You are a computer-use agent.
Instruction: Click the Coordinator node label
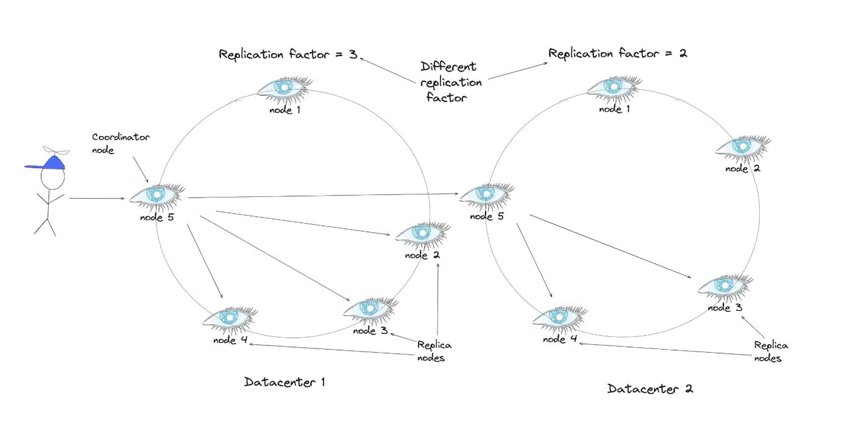click(x=120, y=143)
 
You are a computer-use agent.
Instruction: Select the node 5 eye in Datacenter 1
click(x=156, y=195)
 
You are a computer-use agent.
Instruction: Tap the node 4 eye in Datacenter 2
click(x=559, y=317)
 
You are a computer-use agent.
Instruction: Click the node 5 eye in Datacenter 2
click(x=486, y=194)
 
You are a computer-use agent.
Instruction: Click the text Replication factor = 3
click(x=288, y=55)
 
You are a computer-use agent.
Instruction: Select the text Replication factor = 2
click(x=618, y=54)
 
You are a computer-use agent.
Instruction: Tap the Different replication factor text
click(x=450, y=82)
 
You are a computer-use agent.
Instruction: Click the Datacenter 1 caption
click(x=284, y=382)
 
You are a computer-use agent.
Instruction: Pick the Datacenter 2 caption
click(x=650, y=389)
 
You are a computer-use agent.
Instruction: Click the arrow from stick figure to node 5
click(x=96, y=198)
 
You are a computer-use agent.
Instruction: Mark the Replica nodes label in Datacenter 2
click(x=770, y=352)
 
